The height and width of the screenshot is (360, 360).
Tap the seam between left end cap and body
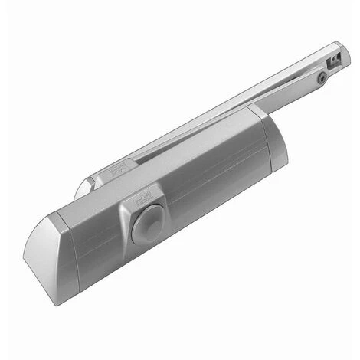pyautogui.click(x=77, y=253)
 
